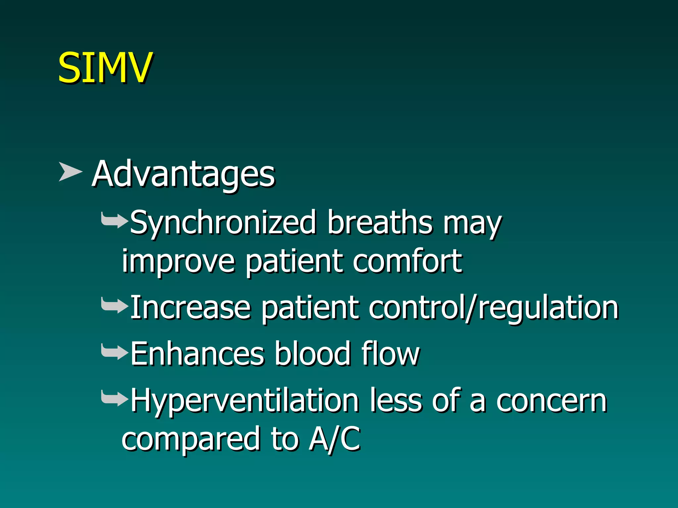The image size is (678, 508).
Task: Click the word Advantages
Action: coord(183,174)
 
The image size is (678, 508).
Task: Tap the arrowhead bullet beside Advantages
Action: coord(70,172)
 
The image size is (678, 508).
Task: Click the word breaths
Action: coord(380,222)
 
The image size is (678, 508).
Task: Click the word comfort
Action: coord(407,261)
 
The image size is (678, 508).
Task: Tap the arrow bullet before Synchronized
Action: coord(114,221)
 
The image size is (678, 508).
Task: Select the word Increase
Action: coord(190,308)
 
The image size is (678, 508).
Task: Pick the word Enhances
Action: coord(197,354)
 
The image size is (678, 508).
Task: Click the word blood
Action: coord(313,354)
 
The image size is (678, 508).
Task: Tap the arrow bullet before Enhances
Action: coord(114,352)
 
